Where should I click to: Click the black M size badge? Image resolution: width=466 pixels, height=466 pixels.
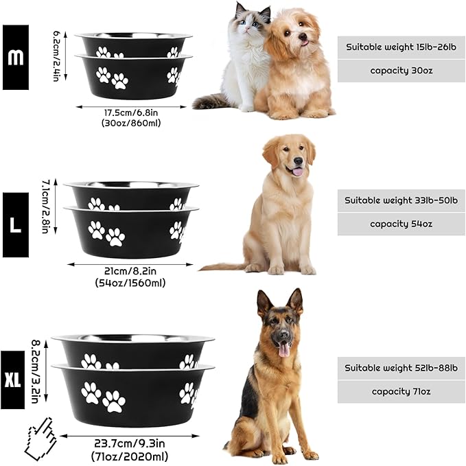point(15,57)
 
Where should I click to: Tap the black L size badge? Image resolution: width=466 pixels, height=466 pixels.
point(15,224)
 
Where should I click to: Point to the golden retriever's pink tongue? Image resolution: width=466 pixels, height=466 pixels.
point(297,171)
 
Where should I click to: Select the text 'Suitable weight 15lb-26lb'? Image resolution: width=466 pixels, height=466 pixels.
point(401,47)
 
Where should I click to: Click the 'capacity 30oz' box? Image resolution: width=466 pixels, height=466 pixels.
point(401,71)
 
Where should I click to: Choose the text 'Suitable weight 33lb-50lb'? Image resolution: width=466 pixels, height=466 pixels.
point(401,200)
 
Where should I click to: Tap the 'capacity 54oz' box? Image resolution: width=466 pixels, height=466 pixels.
point(401,224)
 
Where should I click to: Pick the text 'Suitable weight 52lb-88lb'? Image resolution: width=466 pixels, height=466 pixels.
point(401,368)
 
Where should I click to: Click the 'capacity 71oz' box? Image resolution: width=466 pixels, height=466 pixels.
point(401,391)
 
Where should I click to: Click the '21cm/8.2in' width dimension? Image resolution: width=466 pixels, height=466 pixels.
point(130,271)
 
